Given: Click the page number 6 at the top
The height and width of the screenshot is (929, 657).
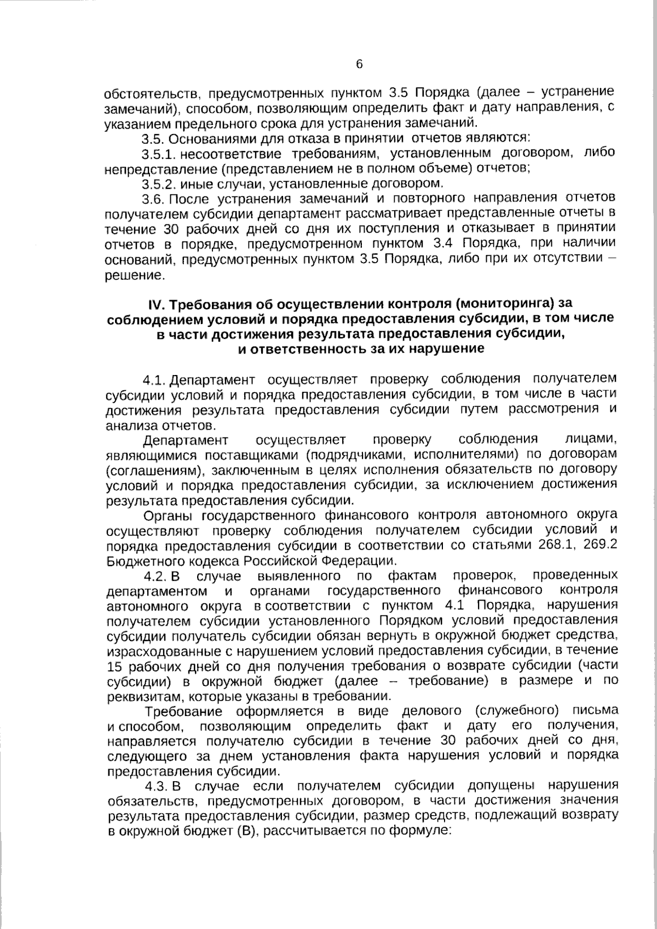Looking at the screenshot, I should point(360,65).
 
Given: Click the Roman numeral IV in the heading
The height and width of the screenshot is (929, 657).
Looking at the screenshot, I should point(156,304).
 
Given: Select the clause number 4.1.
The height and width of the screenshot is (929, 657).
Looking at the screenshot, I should point(154,379).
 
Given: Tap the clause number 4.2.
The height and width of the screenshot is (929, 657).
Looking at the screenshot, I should point(155,576).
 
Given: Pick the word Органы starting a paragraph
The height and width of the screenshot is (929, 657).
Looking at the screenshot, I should point(169,515).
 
